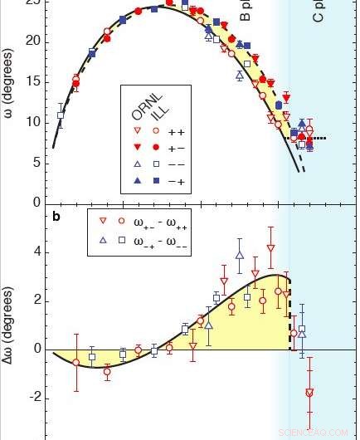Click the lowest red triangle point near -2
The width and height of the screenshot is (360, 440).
click(309, 393)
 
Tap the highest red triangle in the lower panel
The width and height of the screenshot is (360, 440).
click(270, 248)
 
